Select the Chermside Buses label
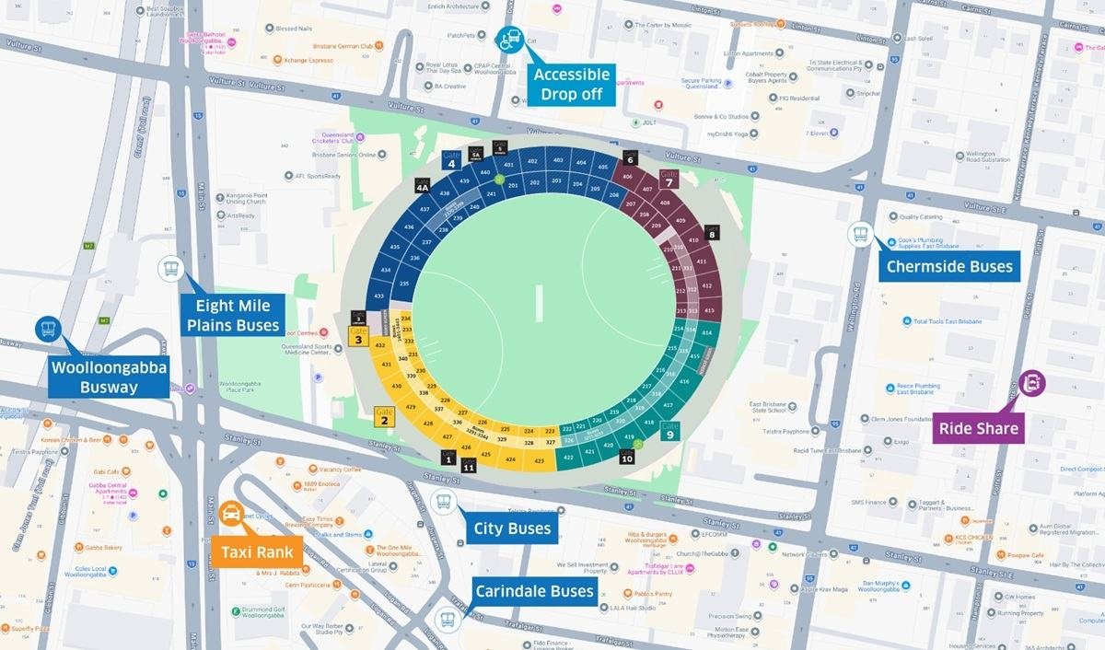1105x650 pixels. (x=948, y=268)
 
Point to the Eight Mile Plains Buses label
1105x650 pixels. (x=232, y=316)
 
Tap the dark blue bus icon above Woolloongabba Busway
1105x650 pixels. (x=48, y=330)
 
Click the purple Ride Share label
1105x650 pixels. (x=978, y=427)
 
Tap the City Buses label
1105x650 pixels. (x=511, y=528)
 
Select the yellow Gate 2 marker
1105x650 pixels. (x=384, y=417)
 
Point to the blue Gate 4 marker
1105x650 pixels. (x=451, y=160)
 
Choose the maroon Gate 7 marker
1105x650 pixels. (x=669, y=178)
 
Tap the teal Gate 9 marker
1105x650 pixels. (x=670, y=430)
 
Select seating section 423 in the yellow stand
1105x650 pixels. (x=540, y=460)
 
